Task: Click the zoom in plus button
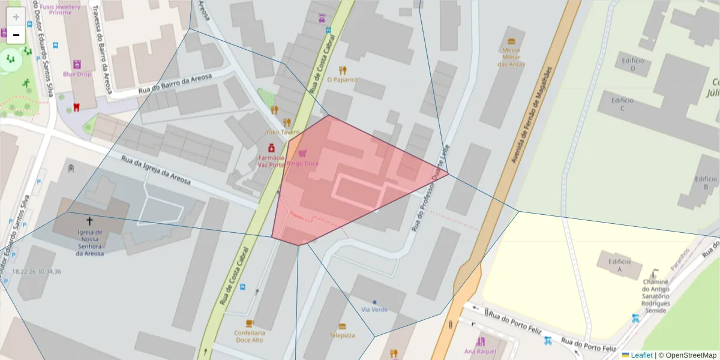pyautogui.click(x=16, y=17)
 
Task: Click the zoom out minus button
pyautogui.click(x=16, y=35)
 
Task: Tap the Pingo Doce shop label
pyautogui.click(x=302, y=163)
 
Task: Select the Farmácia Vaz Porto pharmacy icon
pyautogui.click(x=271, y=148)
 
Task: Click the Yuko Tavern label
pyautogui.click(x=283, y=132)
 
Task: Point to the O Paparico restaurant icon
pyautogui.click(x=343, y=70)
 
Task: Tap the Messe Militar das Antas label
pyautogui.click(x=511, y=57)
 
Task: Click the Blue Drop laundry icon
pyautogui.click(x=77, y=64)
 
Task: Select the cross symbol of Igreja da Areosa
pyautogui.click(x=89, y=221)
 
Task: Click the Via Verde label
pyautogui.click(x=374, y=310)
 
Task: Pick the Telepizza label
pyautogui.click(x=342, y=335)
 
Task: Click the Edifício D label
pyautogui.click(x=633, y=64)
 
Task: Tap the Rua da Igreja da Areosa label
pyautogui.click(x=156, y=170)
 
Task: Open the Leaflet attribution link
pyautogui.click(x=641, y=355)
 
